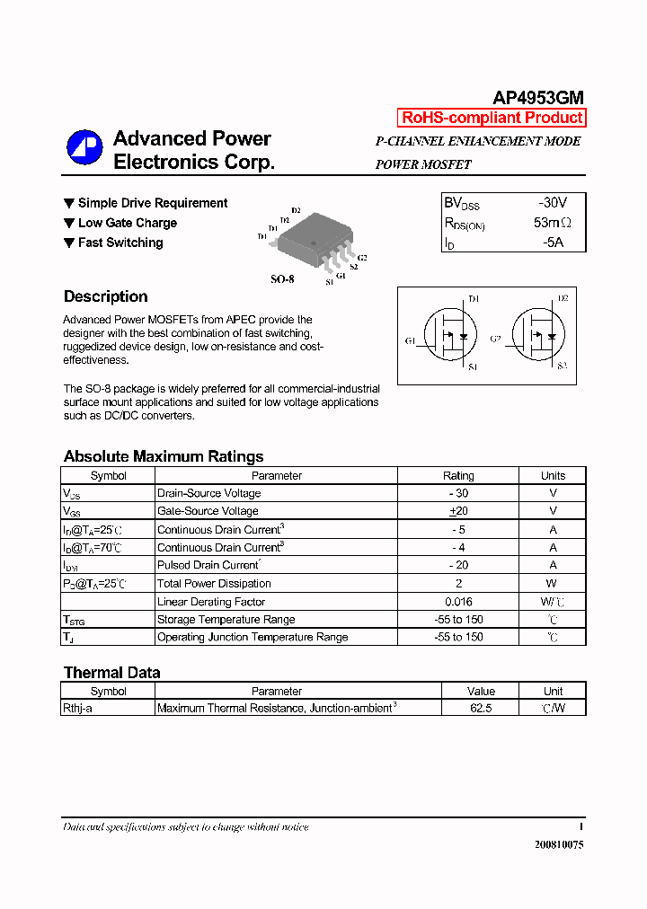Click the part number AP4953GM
click(538, 98)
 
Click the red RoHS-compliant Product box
click(492, 118)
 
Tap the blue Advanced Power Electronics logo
click(85, 148)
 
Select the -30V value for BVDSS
click(553, 203)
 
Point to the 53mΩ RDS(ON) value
click(553, 223)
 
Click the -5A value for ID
click(553, 243)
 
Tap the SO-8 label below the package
click(282, 279)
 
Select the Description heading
click(105, 296)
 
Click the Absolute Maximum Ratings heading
click(164, 456)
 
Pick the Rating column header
click(458, 476)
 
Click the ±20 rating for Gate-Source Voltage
click(458, 511)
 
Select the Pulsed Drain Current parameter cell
click(208, 565)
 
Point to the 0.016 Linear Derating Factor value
click(458, 602)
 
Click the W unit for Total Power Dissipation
click(553, 584)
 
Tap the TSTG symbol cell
click(74, 620)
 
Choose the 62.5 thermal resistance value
click(481, 708)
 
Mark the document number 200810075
click(558, 844)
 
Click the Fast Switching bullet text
click(120, 243)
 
